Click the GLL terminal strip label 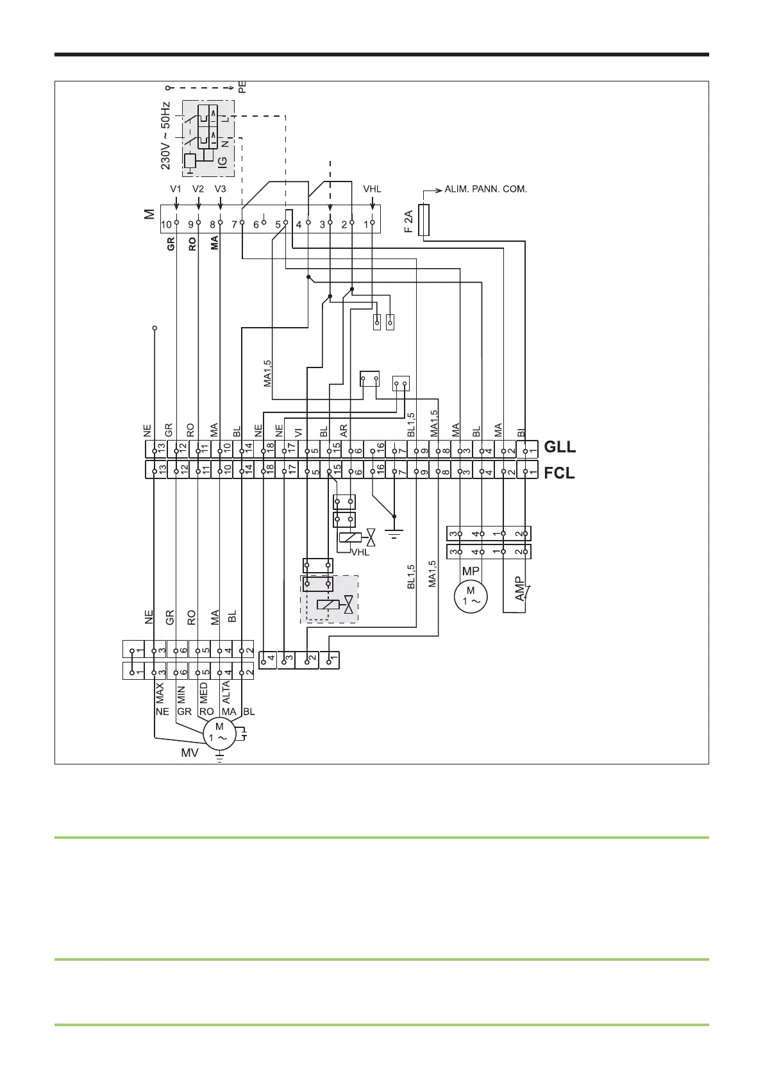[x=560, y=447]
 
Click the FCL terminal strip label [x=559, y=474]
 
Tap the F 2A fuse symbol [x=424, y=220]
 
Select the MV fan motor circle [x=219, y=732]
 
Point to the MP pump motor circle [x=471, y=596]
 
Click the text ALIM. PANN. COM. [x=485, y=190]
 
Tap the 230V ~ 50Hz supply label [x=165, y=135]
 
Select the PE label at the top [x=242, y=87]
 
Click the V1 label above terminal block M [x=176, y=189]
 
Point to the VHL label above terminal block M [x=373, y=189]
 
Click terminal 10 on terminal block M [x=167, y=224]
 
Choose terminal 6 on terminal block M [x=256, y=224]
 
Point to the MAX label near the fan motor [x=160, y=694]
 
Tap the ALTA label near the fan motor [x=226, y=694]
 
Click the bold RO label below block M [x=192, y=244]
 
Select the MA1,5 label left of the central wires [x=268, y=373]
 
